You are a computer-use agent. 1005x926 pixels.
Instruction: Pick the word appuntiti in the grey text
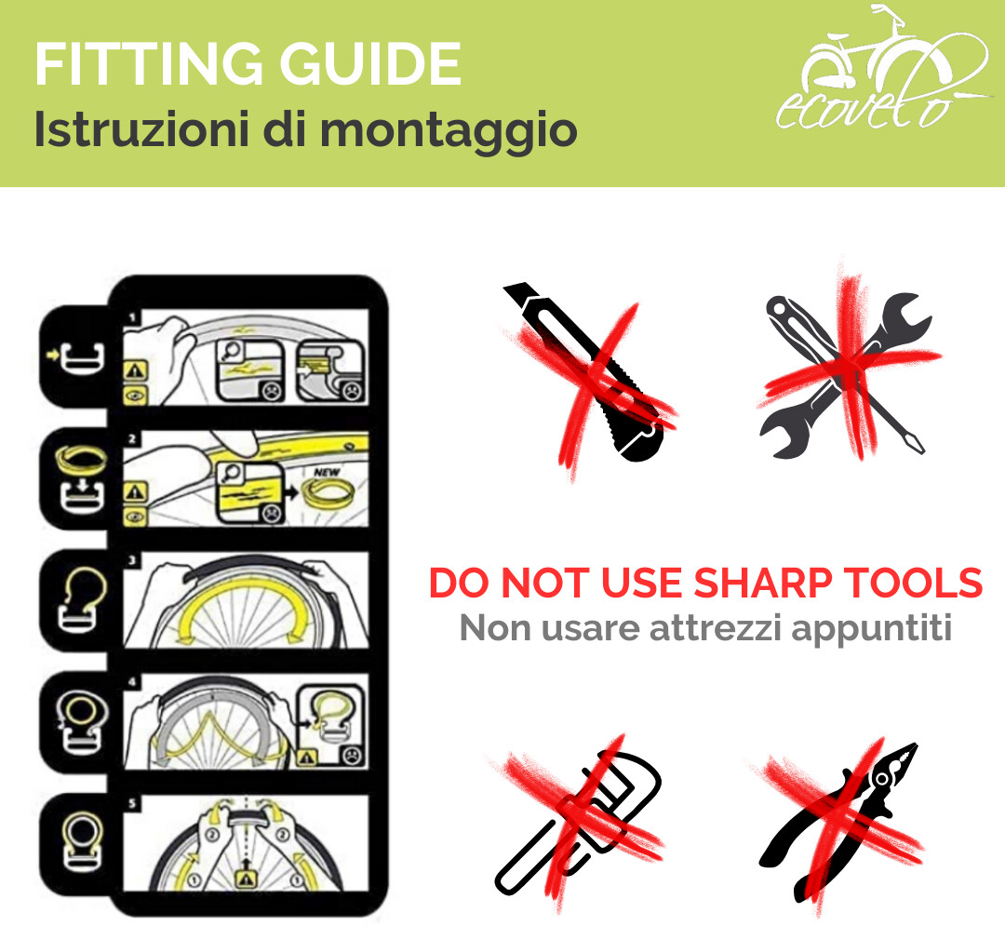(x=871, y=629)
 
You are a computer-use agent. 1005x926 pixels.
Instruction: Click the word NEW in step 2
(x=327, y=472)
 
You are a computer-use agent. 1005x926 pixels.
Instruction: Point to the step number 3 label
(x=132, y=561)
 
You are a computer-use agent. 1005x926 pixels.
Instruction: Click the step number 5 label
(x=132, y=804)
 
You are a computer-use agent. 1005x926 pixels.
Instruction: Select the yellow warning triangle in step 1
(x=135, y=369)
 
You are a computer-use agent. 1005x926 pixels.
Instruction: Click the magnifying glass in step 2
(x=230, y=474)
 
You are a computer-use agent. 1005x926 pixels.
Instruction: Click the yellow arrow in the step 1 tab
(x=54, y=353)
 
